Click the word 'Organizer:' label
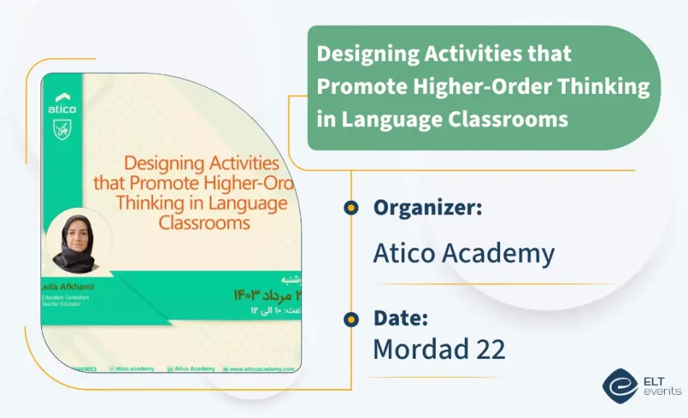point(427,208)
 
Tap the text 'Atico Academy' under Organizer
point(463,253)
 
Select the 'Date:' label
point(400,318)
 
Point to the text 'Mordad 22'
point(439,349)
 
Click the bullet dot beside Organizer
point(351,208)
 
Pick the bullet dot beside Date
point(351,319)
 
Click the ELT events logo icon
point(619,386)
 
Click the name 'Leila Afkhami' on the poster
point(69,287)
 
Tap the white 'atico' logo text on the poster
point(62,110)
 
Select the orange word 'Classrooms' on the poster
point(205,222)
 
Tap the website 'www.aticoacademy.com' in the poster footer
point(262,368)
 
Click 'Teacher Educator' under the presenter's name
point(62,304)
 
